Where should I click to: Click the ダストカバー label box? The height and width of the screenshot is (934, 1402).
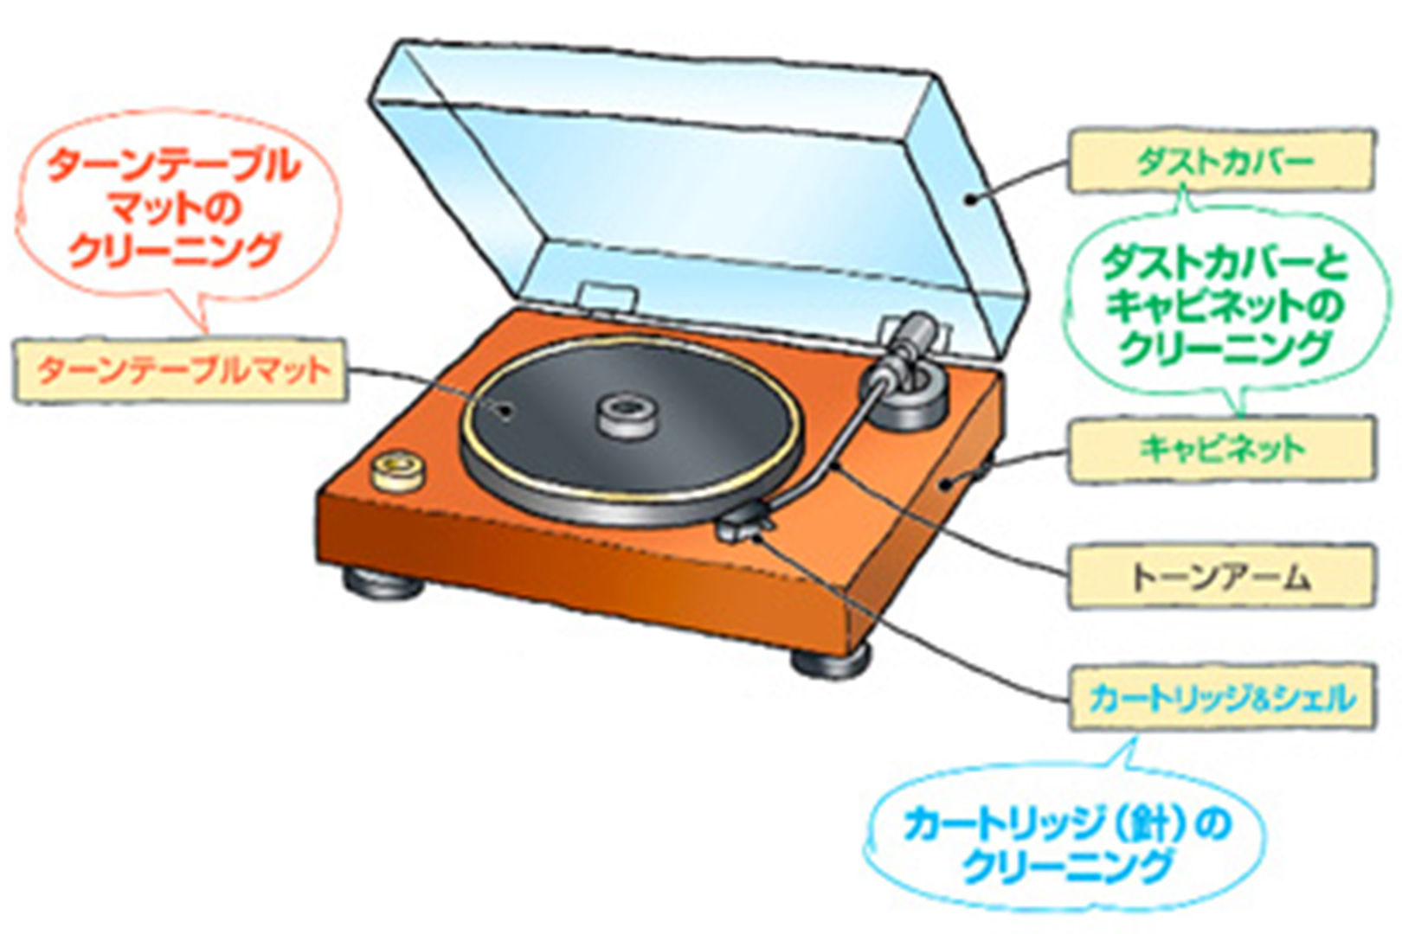(1221, 160)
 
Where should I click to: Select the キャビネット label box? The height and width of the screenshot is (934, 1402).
(1221, 448)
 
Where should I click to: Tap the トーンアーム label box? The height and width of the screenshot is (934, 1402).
(1221, 576)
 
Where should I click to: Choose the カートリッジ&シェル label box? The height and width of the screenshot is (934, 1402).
(1221, 697)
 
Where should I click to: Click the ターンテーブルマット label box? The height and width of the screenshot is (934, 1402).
(181, 370)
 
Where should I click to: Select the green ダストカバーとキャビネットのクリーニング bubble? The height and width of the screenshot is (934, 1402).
(1224, 306)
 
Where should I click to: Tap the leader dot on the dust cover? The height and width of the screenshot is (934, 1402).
(971, 200)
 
